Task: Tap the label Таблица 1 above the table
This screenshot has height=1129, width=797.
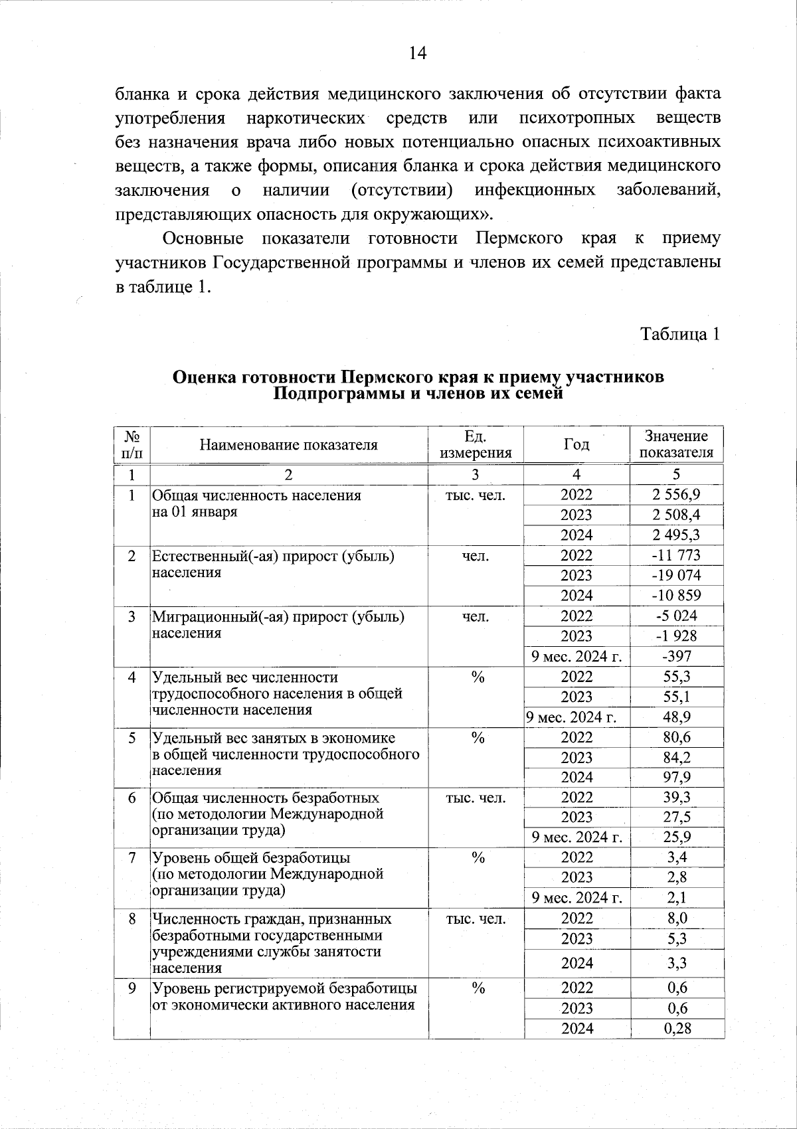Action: click(x=679, y=334)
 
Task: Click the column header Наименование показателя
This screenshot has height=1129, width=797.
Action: click(x=288, y=445)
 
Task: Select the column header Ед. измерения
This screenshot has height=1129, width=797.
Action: click(x=476, y=445)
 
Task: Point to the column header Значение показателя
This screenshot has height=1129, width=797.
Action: click(x=676, y=445)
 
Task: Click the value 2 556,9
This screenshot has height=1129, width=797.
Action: click(x=676, y=495)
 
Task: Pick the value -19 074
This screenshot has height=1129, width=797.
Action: click(x=676, y=575)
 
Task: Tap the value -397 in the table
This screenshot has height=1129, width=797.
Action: click(x=676, y=656)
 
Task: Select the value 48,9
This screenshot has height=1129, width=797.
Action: click(x=676, y=717)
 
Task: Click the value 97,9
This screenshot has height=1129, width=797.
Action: click(x=676, y=777)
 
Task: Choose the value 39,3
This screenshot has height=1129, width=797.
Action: click(x=676, y=797)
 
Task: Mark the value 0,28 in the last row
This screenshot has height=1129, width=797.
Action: click(x=676, y=1028)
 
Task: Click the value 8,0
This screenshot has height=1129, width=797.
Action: click(x=676, y=918)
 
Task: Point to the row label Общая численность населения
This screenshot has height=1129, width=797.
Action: click(x=256, y=495)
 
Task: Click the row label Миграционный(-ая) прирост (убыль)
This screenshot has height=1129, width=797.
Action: click(x=278, y=616)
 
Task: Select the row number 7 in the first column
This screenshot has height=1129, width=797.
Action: click(x=132, y=858)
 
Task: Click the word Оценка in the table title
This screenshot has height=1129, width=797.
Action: click(x=203, y=377)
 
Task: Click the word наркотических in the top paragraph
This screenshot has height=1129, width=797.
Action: click(x=306, y=118)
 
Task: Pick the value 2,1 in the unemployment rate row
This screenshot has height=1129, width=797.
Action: click(x=676, y=898)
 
